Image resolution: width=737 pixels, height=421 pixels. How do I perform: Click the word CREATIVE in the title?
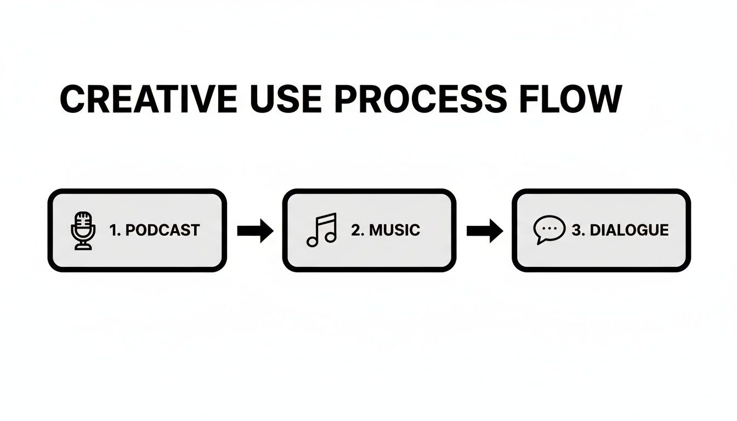(148, 99)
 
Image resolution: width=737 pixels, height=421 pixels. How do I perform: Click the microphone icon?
(83, 231)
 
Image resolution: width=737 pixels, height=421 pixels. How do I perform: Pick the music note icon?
(321, 230)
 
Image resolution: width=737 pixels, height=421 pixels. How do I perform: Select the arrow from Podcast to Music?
(255, 231)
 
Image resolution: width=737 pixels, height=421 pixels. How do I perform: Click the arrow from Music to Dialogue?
(484, 231)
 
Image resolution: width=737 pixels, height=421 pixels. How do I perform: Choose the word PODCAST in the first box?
(162, 230)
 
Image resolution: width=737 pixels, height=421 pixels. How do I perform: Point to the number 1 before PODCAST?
(114, 230)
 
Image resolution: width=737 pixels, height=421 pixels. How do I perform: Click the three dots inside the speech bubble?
(549, 227)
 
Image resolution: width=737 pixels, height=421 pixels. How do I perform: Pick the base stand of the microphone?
(83, 247)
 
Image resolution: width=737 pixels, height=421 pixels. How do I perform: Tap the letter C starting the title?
(72, 99)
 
